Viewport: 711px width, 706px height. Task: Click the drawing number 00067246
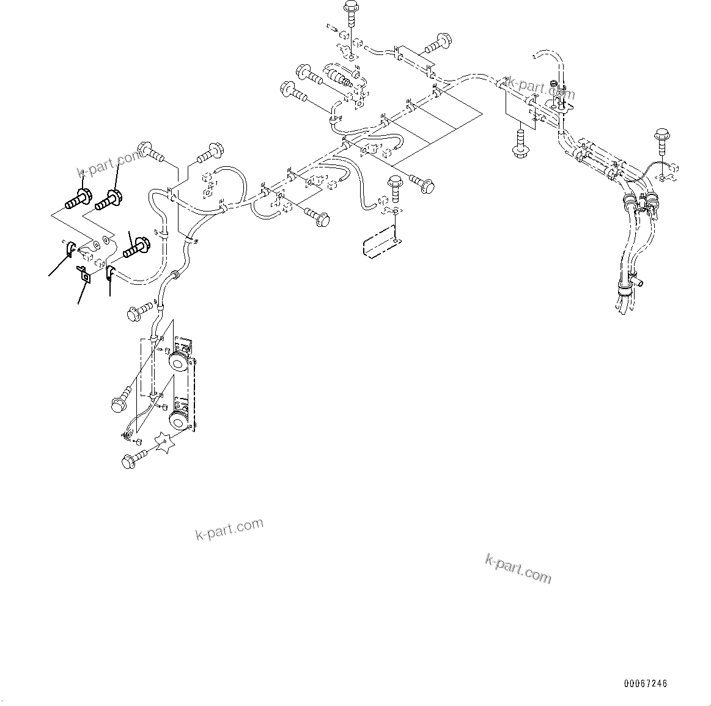coord(646,683)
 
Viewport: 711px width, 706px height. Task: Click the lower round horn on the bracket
coord(178,420)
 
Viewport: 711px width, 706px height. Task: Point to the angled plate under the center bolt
coord(380,242)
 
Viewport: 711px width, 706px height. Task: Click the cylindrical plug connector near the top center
coord(339,76)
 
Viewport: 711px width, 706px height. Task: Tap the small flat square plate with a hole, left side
coord(84,275)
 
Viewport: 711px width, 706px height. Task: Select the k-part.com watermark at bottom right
coord(518,568)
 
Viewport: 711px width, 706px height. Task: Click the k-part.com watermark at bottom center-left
coord(229,529)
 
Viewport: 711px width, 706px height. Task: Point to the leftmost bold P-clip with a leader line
coord(70,248)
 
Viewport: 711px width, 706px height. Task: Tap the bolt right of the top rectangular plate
coord(437,42)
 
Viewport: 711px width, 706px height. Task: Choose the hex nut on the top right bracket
coord(554,84)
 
